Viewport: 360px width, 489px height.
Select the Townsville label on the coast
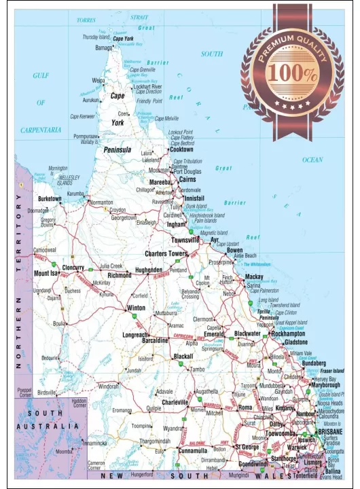[x=185, y=240]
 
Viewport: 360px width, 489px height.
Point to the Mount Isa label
[x=46, y=274]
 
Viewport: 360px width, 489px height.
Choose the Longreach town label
[x=134, y=335]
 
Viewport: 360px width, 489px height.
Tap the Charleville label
[x=175, y=403]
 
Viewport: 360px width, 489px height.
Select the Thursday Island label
[x=96, y=37]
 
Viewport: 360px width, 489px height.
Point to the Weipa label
[x=98, y=80]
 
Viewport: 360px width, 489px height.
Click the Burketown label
[x=50, y=199]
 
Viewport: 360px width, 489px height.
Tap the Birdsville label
[x=47, y=393]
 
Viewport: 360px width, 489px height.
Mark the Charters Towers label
[x=166, y=253]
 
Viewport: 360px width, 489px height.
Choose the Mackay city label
[x=254, y=277]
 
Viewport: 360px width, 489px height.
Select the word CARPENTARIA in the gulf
[x=41, y=129]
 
